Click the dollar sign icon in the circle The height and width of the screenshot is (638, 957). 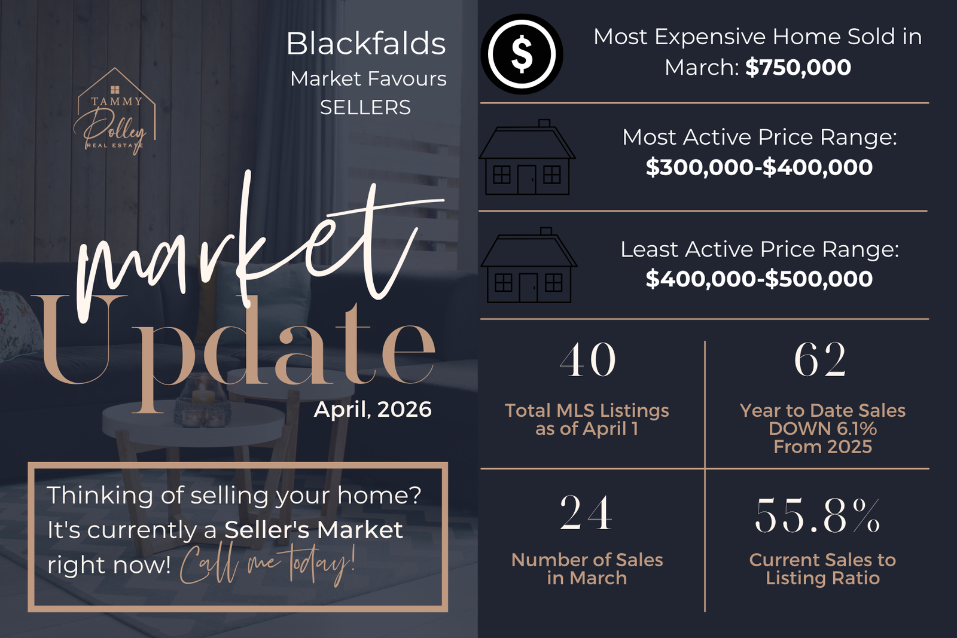tap(522, 54)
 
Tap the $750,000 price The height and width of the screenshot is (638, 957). tap(798, 68)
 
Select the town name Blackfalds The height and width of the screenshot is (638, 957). tap(365, 44)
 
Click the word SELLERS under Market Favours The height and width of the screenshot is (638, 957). tap(365, 107)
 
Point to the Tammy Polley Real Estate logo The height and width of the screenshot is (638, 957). tap(114, 111)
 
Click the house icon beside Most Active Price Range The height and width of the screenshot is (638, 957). tap(527, 157)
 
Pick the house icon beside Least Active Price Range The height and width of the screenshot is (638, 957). tap(529, 265)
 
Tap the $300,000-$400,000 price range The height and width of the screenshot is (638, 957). tap(759, 167)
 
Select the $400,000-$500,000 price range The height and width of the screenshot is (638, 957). tap(759, 279)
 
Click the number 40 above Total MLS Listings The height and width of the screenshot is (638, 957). tap(587, 359)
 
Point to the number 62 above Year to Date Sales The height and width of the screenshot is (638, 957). tap(820, 359)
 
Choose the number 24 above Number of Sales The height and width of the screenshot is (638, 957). tap(586, 512)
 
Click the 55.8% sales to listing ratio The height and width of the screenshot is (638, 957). tap(818, 516)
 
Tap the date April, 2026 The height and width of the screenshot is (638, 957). tap(373, 410)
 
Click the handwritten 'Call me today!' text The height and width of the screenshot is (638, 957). tap(267, 564)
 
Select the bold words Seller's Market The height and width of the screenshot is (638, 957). tap(313, 530)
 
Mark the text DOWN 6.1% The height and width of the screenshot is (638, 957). tap(822, 428)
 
